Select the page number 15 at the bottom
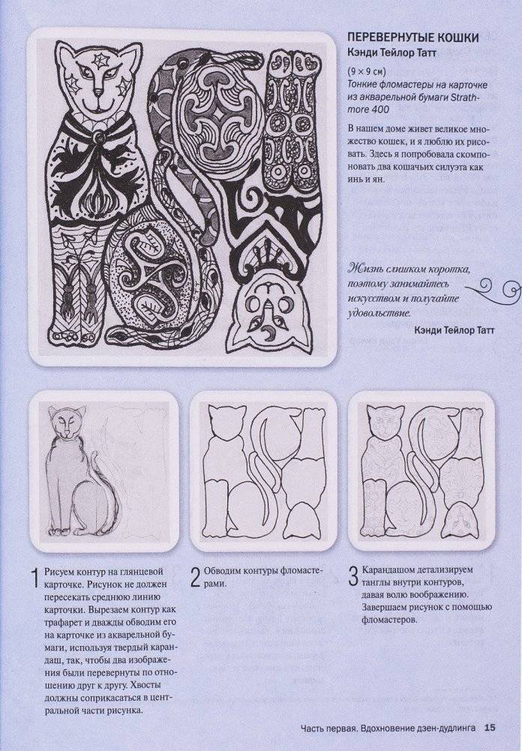pyautogui.click(x=490, y=727)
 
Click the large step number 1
pyautogui.click(x=33, y=578)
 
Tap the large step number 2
pyautogui.click(x=194, y=578)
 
